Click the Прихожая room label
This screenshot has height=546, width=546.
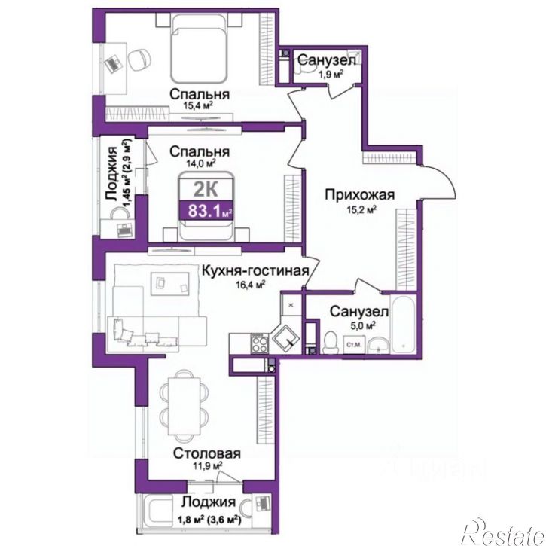(360, 194)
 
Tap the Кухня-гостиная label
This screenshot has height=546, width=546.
(255, 270)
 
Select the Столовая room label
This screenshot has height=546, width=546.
(207, 453)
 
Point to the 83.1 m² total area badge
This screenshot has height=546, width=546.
(206, 210)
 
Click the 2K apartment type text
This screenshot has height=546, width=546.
(206, 190)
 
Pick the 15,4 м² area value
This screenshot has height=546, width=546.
(198, 106)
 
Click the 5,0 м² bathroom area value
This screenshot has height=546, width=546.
(362, 325)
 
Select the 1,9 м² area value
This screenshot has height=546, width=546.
(331, 74)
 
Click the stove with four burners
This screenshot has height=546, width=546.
(259, 343)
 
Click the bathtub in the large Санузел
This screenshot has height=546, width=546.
(403, 324)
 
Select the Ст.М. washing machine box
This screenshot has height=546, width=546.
(354, 345)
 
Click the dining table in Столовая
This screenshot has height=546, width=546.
(185, 405)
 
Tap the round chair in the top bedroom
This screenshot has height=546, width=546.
(139, 60)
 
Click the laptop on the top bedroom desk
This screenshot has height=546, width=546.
(114, 64)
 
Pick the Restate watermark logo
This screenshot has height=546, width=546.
(503, 531)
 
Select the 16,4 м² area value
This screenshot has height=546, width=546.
(251, 285)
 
